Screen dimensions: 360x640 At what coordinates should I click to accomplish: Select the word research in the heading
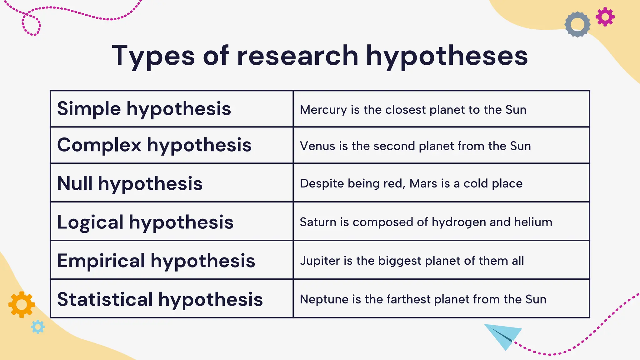[x=297, y=56]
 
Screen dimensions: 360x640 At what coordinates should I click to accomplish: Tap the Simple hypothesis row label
[x=144, y=109]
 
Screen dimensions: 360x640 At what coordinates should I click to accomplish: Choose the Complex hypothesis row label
[x=154, y=145]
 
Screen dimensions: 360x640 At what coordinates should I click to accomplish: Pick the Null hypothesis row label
[x=130, y=183]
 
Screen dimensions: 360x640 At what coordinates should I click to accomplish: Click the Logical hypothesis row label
[x=145, y=222]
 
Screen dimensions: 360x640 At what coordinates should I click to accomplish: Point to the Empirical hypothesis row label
[x=156, y=261]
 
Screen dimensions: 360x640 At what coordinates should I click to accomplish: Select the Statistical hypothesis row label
[x=160, y=299]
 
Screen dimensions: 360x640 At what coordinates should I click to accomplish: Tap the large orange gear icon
[x=22, y=304]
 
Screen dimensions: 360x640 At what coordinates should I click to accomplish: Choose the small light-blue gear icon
[x=38, y=327]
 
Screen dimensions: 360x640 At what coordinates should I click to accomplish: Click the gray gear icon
[x=577, y=24]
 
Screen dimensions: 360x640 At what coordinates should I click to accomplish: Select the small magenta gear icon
[x=605, y=17]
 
